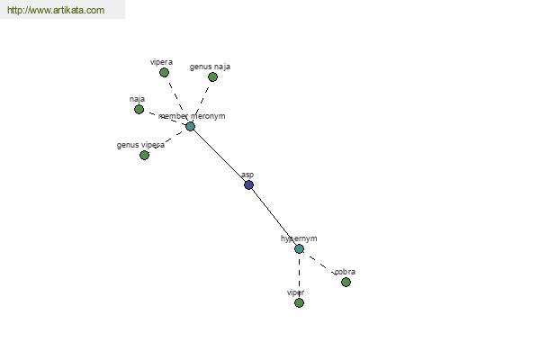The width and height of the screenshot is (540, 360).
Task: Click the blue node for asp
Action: pyautogui.click(x=248, y=184)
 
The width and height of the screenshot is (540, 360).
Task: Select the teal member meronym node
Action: pyautogui.click(x=190, y=126)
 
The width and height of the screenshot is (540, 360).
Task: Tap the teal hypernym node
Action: pyautogui.click(x=299, y=248)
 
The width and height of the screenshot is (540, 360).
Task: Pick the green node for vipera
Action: pyautogui.click(x=164, y=73)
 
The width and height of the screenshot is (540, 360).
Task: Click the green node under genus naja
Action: pyautogui.click(x=212, y=77)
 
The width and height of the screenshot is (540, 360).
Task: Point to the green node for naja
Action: pyautogui.click(x=139, y=110)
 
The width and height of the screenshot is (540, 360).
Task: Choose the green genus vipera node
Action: pyautogui.click(x=144, y=155)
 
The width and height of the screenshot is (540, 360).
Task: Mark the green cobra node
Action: pyautogui.click(x=346, y=282)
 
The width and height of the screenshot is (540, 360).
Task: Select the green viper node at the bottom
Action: pyautogui.click(x=299, y=302)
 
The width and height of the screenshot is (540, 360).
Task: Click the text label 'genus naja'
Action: pyautogui.click(x=210, y=67)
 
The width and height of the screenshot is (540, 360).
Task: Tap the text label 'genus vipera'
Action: pyautogui.click(x=140, y=145)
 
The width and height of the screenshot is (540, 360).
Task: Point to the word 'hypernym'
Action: pyautogui.click(x=299, y=238)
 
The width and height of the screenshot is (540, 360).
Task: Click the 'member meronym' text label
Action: pyautogui.click(x=192, y=116)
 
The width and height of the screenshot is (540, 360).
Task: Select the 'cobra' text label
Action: pyautogui.click(x=345, y=271)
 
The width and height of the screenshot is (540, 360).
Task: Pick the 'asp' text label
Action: pyautogui.click(x=247, y=175)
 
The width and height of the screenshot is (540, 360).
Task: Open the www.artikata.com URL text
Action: pyautogui.click(x=55, y=11)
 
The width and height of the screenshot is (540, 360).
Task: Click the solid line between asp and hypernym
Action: pyautogui.click(x=274, y=216)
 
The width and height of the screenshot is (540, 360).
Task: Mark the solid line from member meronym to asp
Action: pyautogui.click(x=219, y=155)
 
